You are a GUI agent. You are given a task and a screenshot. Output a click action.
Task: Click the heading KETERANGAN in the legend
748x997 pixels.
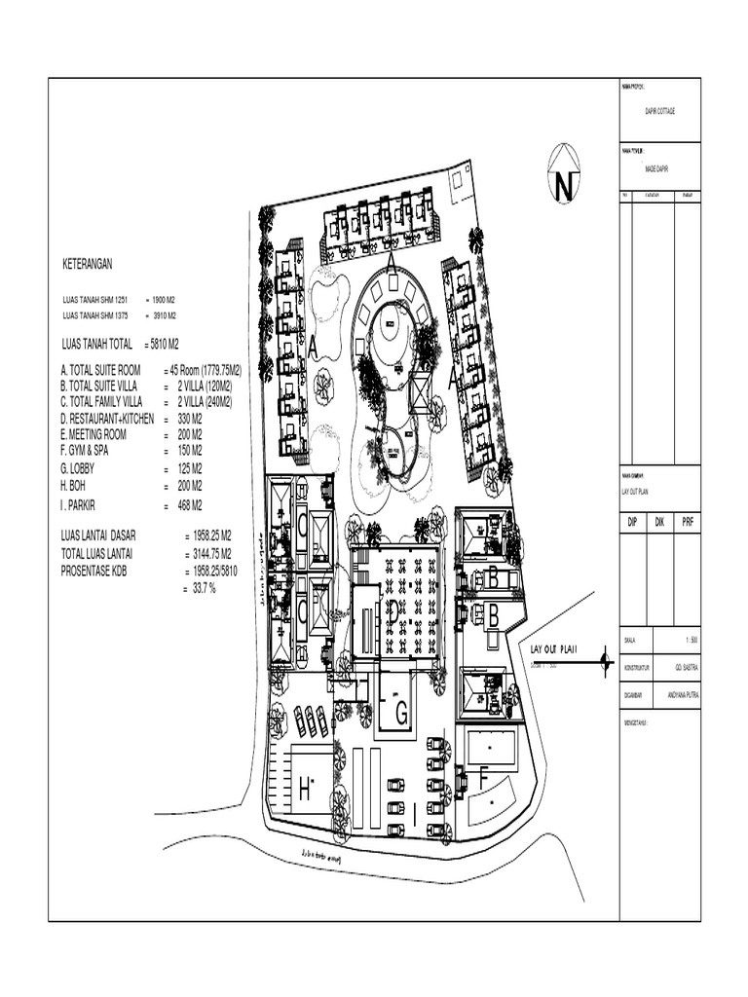point(89,264)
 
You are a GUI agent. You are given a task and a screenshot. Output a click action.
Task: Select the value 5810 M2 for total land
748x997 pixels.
point(162,344)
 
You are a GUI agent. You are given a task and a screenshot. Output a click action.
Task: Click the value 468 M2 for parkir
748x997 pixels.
point(189,505)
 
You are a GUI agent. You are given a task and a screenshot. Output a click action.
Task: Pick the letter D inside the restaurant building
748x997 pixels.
point(392,610)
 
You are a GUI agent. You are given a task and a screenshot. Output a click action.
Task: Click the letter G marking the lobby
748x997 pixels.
point(399,714)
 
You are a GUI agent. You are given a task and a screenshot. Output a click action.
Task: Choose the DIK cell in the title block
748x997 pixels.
point(658,523)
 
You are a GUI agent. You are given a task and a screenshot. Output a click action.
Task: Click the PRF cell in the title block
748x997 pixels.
point(688,523)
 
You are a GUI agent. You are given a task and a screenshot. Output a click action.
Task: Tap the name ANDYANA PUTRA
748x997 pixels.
point(686,694)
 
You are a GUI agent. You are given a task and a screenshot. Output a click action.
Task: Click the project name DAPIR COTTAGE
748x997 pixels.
point(659,111)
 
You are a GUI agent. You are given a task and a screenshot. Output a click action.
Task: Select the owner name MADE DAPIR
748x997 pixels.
point(659,168)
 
